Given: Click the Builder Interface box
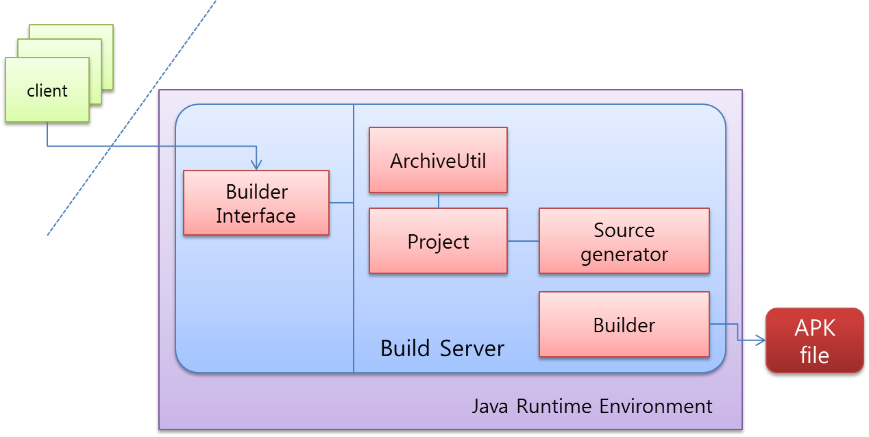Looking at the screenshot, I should [x=256, y=203].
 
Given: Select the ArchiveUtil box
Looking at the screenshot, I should [x=438, y=160].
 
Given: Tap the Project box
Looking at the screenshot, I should [x=438, y=241].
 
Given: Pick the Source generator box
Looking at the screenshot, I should [x=624, y=241].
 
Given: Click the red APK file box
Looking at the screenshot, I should [x=814, y=340].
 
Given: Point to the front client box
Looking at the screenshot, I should [x=47, y=90].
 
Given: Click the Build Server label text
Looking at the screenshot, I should [x=442, y=348].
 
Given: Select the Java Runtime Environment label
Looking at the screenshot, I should [x=592, y=406].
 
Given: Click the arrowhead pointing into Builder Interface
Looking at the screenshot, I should [x=256, y=165].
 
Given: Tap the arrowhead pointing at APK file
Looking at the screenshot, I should [x=760, y=340].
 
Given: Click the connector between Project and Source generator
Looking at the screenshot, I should [x=523, y=241].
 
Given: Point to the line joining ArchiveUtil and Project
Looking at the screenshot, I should [x=439, y=200].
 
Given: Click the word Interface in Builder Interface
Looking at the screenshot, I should [x=256, y=216].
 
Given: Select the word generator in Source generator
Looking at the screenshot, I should [x=624, y=255].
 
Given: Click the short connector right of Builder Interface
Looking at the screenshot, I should [x=341, y=203].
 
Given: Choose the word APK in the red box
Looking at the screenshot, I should [x=815, y=328].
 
